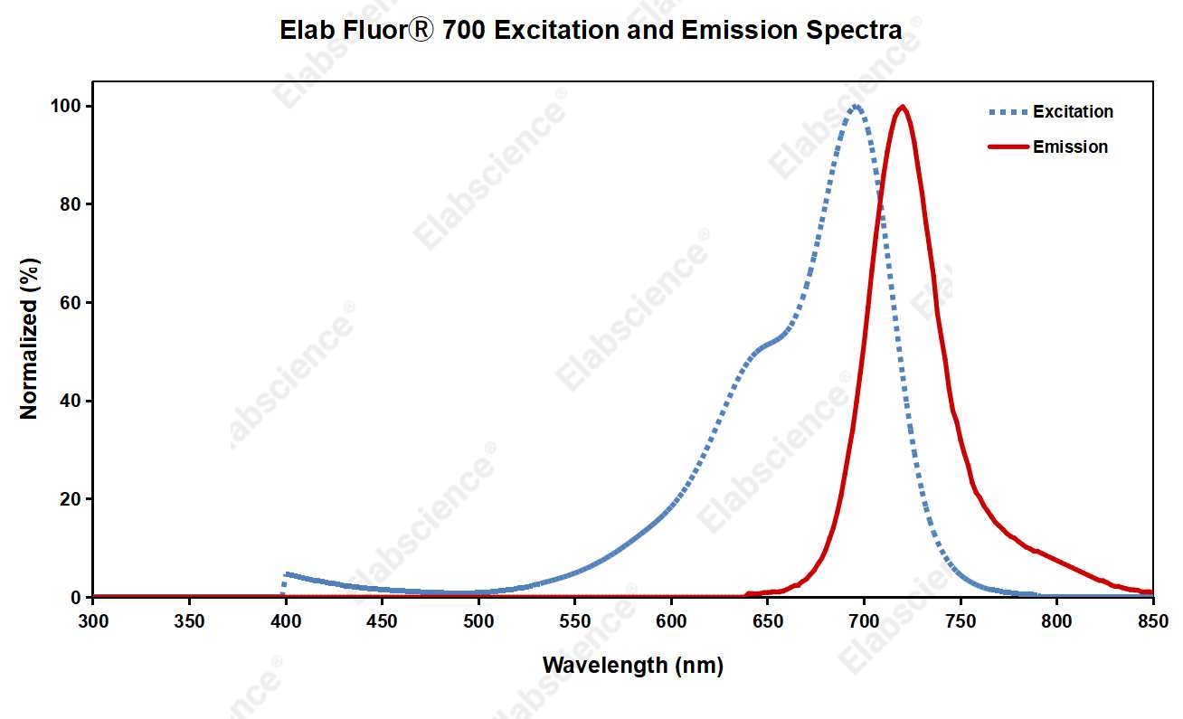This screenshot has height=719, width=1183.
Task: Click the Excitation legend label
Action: click(1073, 112)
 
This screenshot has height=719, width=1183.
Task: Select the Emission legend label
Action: click(1070, 147)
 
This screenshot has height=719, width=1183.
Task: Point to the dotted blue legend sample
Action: click(1007, 112)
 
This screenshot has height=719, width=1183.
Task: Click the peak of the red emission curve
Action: click(902, 107)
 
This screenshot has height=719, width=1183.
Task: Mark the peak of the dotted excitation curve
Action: click(855, 107)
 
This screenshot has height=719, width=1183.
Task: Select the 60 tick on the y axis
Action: click(76, 303)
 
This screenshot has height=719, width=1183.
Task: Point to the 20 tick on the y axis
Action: click(76, 499)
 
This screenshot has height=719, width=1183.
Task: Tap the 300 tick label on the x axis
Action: click(92, 622)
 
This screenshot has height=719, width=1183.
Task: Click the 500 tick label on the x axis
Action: click(478, 622)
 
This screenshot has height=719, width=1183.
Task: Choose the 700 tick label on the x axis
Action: click(864, 622)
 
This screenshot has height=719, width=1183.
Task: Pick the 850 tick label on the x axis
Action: click(1152, 622)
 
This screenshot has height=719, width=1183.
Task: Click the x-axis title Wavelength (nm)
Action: click(632, 667)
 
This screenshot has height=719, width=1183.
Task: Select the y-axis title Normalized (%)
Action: click(30, 339)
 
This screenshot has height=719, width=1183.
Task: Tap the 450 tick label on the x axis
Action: click(382, 622)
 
